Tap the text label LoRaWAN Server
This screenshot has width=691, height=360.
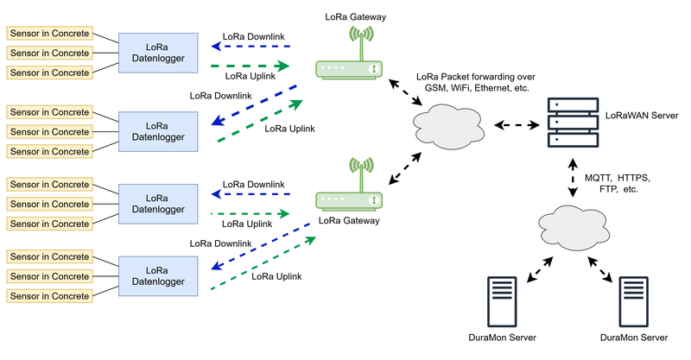(641, 114)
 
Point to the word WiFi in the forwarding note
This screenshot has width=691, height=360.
(458, 88)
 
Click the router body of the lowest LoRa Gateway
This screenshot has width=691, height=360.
(348, 200)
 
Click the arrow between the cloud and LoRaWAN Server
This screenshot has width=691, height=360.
(520, 125)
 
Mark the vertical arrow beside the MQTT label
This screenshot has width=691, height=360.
(572, 176)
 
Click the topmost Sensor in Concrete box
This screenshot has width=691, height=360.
(49, 33)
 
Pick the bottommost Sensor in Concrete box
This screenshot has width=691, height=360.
(49, 296)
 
